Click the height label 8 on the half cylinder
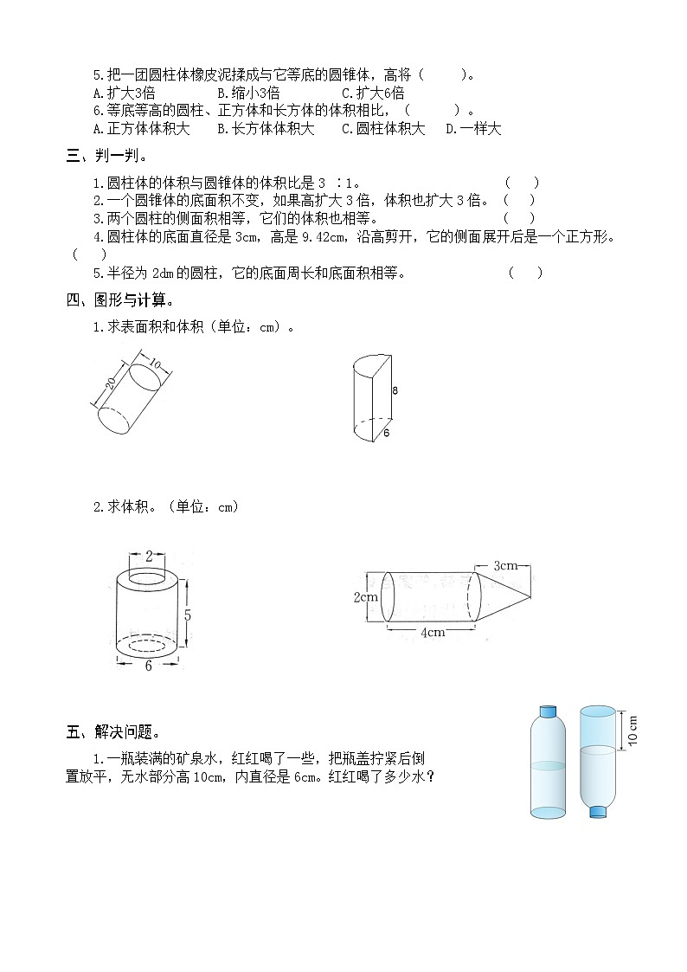[x=395, y=390]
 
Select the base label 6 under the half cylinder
[x=387, y=434]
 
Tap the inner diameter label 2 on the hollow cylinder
[x=149, y=555]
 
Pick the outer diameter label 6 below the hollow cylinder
[x=148, y=666]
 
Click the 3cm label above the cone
[x=505, y=566]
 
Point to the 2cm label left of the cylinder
[x=365, y=596]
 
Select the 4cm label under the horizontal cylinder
[x=433, y=632]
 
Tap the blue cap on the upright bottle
[x=548, y=711]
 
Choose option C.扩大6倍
[x=373, y=93]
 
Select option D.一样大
[x=473, y=129]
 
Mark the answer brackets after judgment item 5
[x=525, y=274]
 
